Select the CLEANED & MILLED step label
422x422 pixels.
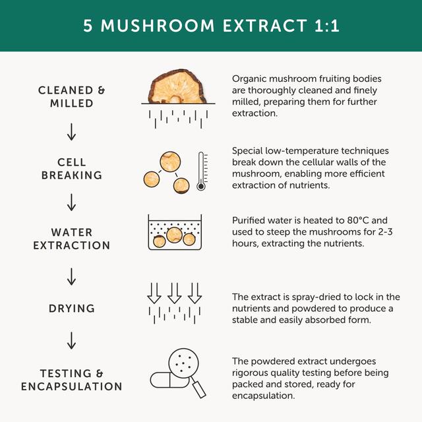click(x=71, y=97)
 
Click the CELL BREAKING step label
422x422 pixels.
click(x=71, y=169)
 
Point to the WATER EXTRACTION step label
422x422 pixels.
click(x=71, y=239)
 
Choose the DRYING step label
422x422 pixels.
click(x=71, y=309)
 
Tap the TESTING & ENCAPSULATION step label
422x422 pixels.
click(x=71, y=379)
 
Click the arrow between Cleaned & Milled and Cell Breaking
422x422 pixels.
click(x=71, y=133)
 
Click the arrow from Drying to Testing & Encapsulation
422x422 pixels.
click(x=71, y=342)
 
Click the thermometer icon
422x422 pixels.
click(x=202, y=171)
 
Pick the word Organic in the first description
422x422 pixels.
click(x=249, y=79)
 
